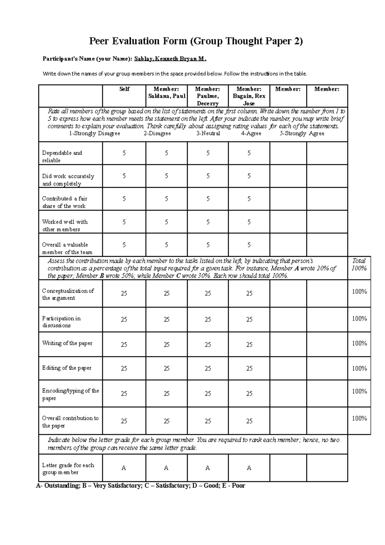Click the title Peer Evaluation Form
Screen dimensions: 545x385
(196, 41)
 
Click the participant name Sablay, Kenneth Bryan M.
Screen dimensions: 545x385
(170, 59)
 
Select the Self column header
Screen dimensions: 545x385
(124, 89)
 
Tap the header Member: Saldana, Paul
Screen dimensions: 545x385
(166, 92)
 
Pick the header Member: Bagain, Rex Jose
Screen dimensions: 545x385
(249, 96)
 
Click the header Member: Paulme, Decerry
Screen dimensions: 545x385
(208, 96)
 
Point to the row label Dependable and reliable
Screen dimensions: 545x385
(62, 157)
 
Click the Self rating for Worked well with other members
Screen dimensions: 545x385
(124, 222)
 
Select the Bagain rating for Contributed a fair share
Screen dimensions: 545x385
(249, 199)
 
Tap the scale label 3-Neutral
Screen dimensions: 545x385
(208, 134)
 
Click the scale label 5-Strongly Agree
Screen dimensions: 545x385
(302, 134)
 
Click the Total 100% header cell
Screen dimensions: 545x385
(359, 265)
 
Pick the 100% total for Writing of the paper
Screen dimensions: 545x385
(359, 343)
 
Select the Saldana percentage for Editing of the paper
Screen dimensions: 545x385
(167, 368)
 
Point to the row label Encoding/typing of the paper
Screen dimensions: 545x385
(71, 394)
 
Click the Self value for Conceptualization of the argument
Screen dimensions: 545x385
(124, 293)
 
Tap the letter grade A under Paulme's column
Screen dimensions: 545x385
(208, 468)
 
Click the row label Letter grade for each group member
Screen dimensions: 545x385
(68, 469)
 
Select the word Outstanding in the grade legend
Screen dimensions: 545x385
(61, 486)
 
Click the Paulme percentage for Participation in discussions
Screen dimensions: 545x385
(208, 320)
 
